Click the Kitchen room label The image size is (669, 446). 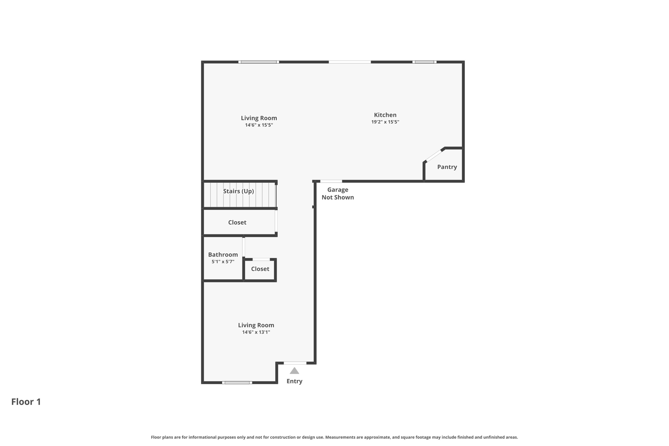[385, 115]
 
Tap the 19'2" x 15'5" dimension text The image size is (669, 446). [385, 122]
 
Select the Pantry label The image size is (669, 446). [447, 167]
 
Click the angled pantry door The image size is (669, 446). [434, 155]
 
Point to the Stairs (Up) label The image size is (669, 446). [238, 191]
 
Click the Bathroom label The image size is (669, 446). [223, 255]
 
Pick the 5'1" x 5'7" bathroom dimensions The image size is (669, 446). [223, 262]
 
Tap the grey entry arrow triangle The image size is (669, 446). [294, 371]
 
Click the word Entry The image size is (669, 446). [294, 381]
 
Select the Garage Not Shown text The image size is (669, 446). [337, 193]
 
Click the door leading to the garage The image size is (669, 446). [331, 181]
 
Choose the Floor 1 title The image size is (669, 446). [26, 402]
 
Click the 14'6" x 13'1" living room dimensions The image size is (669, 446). [256, 332]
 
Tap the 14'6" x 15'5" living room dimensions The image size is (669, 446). [259, 125]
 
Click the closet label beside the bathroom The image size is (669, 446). [260, 269]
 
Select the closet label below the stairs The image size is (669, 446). [237, 223]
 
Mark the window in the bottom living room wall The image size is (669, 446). [237, 383]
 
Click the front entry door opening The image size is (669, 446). [295, 363]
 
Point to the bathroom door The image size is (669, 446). [244, 247]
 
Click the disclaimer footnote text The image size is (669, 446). [334, 437]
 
